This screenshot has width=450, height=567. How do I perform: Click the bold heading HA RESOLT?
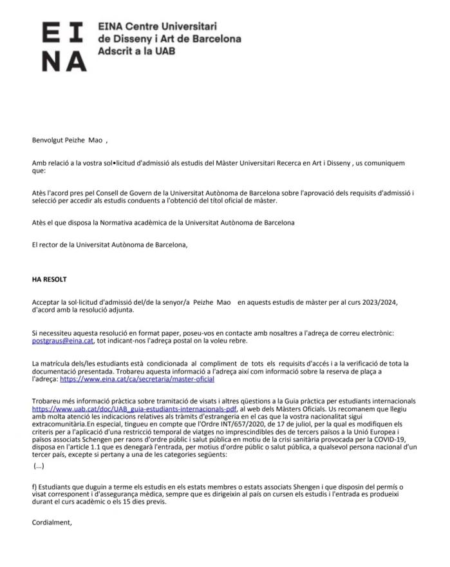[x=49, y=280]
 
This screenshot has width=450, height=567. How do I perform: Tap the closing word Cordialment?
[x=52, y=523]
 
